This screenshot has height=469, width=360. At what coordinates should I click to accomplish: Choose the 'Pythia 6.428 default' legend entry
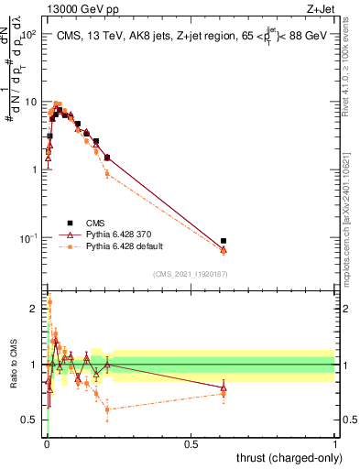point(119,246)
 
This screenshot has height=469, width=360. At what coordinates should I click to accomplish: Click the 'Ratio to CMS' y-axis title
point(12,364)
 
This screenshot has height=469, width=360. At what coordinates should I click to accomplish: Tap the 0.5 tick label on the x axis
point(191,444)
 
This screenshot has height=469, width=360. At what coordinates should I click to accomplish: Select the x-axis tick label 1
point(335,444)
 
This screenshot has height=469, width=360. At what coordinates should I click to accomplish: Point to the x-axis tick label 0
point(47,444)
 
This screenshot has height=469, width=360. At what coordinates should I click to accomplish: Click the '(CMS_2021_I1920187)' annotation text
point(191,274)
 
